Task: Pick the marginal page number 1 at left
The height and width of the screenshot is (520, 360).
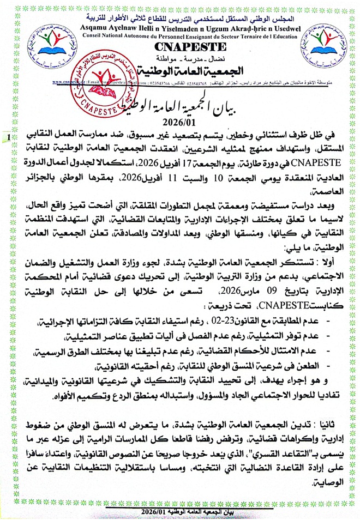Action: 8,137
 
